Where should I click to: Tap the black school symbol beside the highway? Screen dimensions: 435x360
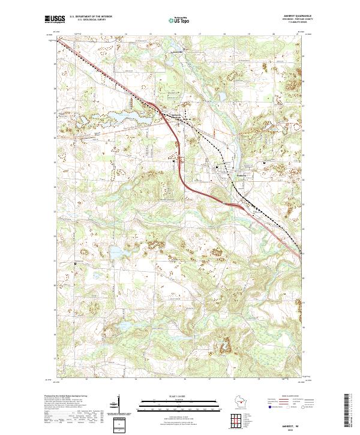(175, 161)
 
